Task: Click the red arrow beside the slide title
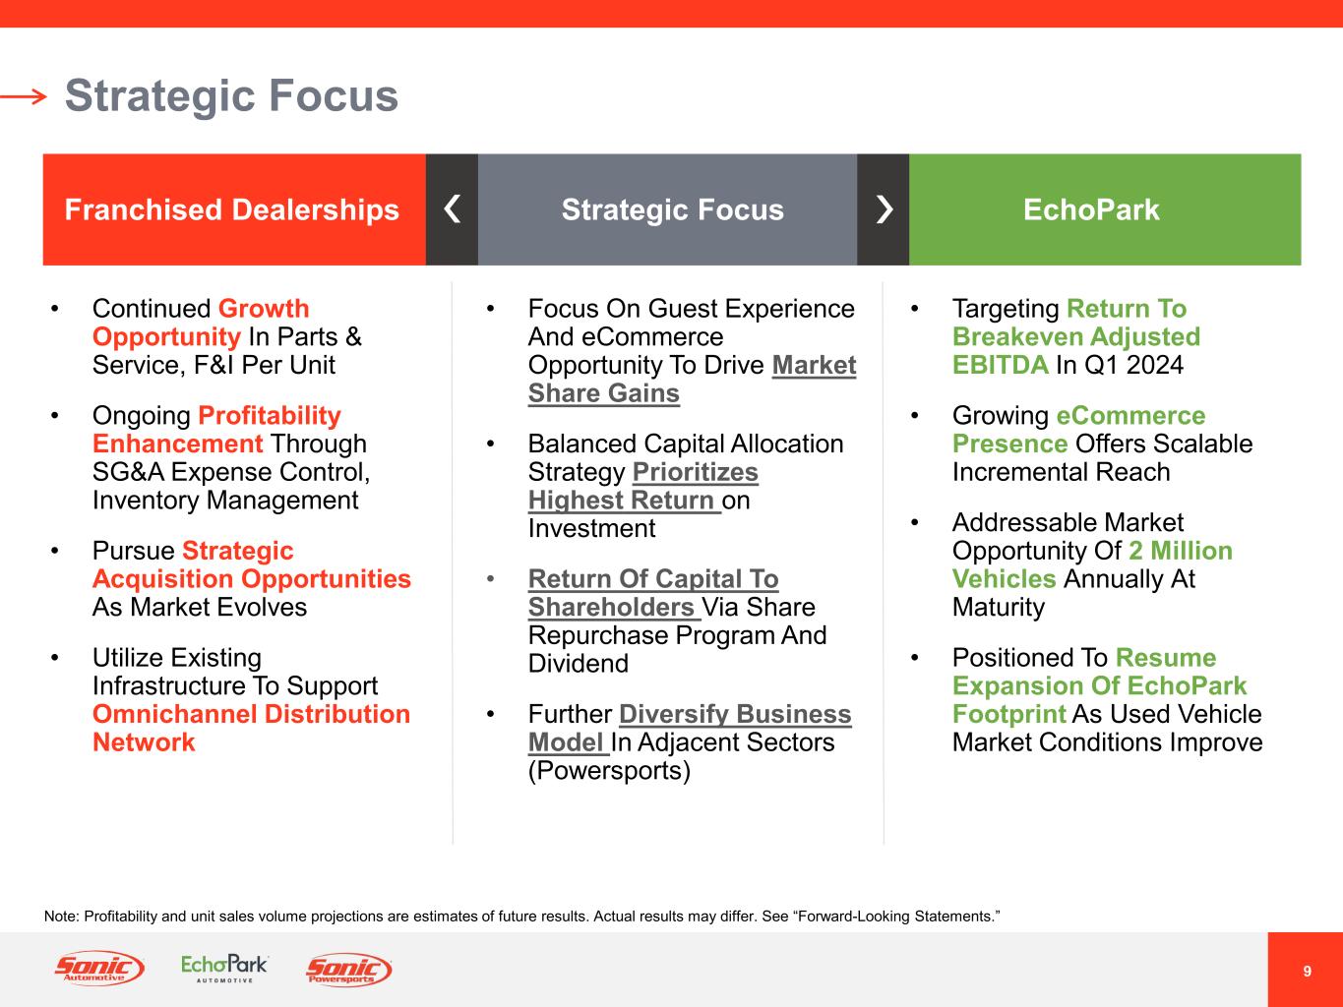(24, 96)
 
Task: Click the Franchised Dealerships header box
(233, 209)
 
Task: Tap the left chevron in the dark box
(452, 209)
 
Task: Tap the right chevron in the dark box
(884, 209)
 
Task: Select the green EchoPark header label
(1091, 209)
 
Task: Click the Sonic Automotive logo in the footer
(99, 970)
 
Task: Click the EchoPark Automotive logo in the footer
(224, 969)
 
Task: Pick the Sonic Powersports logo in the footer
(349, 970)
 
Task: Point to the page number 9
(1307, 972)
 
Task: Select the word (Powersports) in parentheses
(609, 770)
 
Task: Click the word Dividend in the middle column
(578, 664)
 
